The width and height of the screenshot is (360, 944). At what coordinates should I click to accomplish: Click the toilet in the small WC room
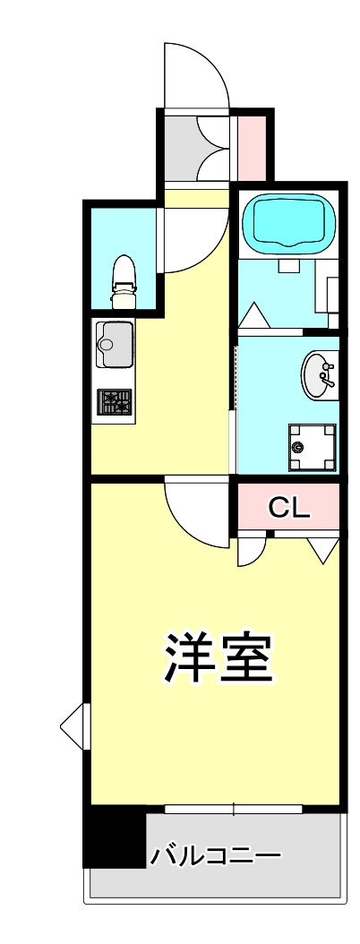[x=123, y=278]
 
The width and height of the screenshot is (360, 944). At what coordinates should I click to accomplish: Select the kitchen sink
[x=115, y=342]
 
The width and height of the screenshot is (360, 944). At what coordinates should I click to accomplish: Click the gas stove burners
[x=115, y=403]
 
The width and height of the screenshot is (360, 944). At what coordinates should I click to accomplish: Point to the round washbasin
[x=318, y=375]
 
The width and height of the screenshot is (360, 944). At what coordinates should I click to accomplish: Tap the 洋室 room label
[x=216, y=659]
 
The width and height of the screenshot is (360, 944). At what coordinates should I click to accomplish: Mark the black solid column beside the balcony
[x=114, y=837]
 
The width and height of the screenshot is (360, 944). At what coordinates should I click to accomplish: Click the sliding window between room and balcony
[x=234, y=810]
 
